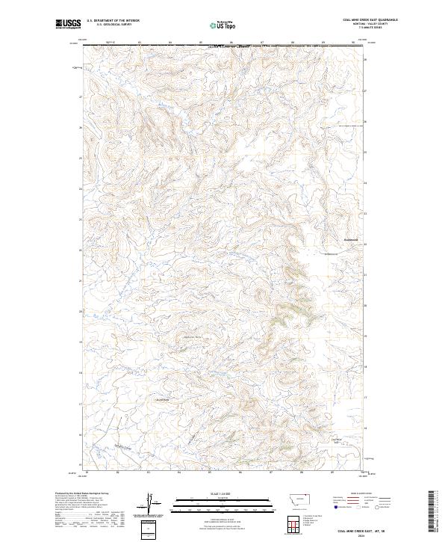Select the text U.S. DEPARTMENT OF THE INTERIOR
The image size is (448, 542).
113,21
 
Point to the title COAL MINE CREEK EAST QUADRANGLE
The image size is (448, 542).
370,20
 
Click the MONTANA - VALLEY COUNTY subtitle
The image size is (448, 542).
370,24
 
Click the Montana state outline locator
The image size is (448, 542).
290,497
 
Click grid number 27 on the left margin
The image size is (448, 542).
80,96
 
